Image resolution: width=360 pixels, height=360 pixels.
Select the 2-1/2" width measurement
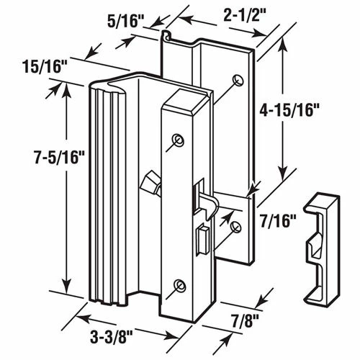click(229, 14)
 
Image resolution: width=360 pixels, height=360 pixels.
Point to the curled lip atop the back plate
click(166, 35)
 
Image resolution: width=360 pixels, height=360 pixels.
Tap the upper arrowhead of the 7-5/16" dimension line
click(66, 87)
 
